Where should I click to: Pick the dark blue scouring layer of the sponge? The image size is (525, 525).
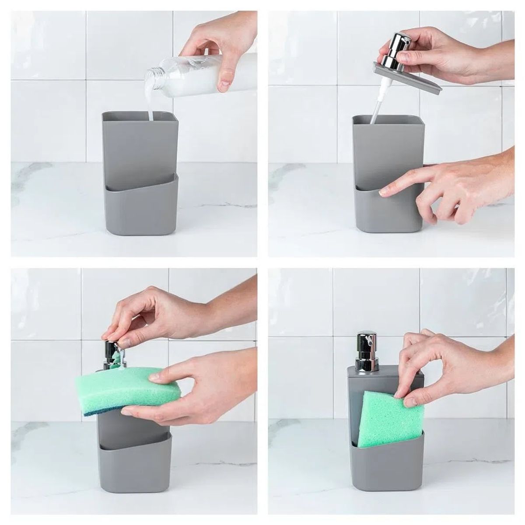pos(114,409)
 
